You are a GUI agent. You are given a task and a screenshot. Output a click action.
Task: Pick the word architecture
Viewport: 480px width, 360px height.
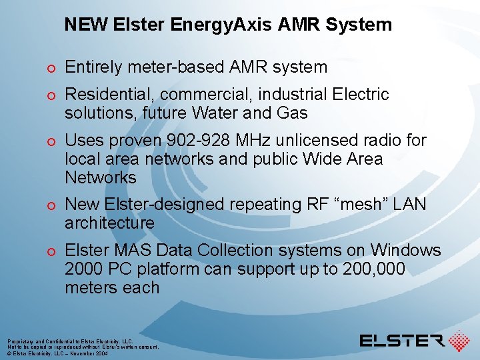point(109,223)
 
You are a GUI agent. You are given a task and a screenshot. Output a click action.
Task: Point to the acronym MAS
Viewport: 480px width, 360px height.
point(127,251)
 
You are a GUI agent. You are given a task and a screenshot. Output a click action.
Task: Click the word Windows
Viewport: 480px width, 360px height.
point(405,251)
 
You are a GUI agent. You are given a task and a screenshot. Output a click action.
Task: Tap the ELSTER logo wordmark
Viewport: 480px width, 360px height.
point(402,341)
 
